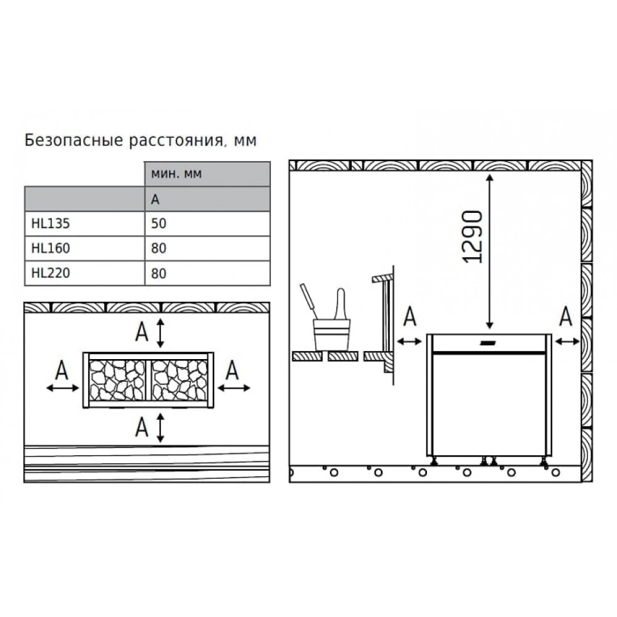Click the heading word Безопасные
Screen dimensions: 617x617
73,141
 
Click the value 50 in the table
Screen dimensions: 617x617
159,223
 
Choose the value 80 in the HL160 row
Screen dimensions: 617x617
159,248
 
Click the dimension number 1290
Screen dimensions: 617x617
472,237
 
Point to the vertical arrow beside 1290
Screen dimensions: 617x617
489,252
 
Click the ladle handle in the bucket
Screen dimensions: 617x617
308,301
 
